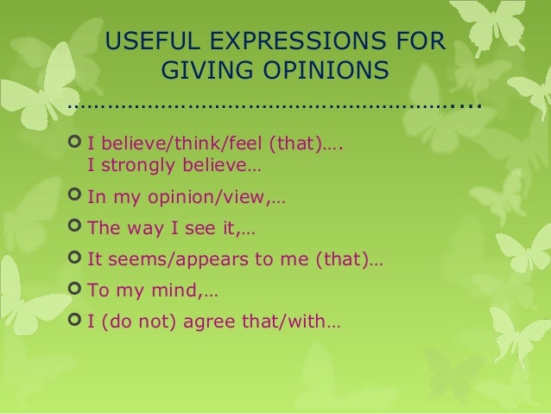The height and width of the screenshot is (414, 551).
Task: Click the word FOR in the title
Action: tap(422, 41)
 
